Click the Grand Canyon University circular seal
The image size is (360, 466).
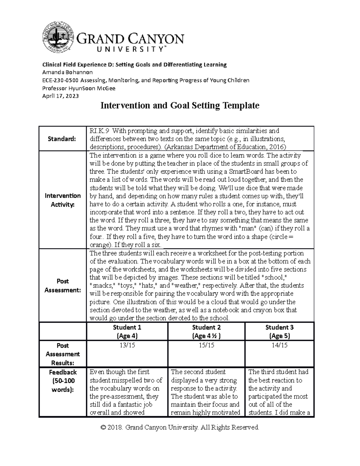pyautogui.click(x=58, y=37)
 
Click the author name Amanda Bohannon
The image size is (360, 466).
pyautogui.click(x=67, y=72)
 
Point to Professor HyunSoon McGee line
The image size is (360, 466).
pyautogui.click(x=79, y=88)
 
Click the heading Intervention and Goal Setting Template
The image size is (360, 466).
pyautogui.click(x=180, y=106)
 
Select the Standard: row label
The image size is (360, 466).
pyautogui.click(x=62, y=139)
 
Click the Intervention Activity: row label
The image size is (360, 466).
pyautogui.click(x=62, y=200)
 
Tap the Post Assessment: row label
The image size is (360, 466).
pyautogui.click(x=62, y=285)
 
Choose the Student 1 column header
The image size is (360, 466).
pyautogui.click(x=127, y=331)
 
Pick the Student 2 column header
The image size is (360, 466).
pyautogui.click(x=206, y=331)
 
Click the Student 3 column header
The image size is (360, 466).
pyautogui.click(x=279, y=331)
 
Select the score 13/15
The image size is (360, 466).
pyautogui.click(x=127, y=345)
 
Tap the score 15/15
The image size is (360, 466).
pyautogui.click(x=206, y=345)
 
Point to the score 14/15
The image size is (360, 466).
pyautogui.click(x=279, y=345)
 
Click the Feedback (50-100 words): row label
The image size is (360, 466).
pyautogui.click(x=62, y=381)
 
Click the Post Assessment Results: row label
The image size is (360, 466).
pyautogui.click(x=62, y=354)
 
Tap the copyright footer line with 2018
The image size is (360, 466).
pyautogui.click(x=180, y=427)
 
